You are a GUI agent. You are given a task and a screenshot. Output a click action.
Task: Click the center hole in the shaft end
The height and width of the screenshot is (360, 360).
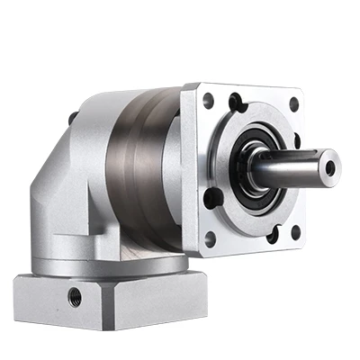[329, 167]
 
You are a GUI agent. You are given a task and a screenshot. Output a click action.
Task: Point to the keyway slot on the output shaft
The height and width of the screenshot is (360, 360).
[301, 159]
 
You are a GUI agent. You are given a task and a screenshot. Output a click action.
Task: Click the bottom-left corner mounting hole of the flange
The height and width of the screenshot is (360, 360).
[210, 238]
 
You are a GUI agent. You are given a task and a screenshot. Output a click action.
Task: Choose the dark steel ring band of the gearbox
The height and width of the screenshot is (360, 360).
[135, 171]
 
